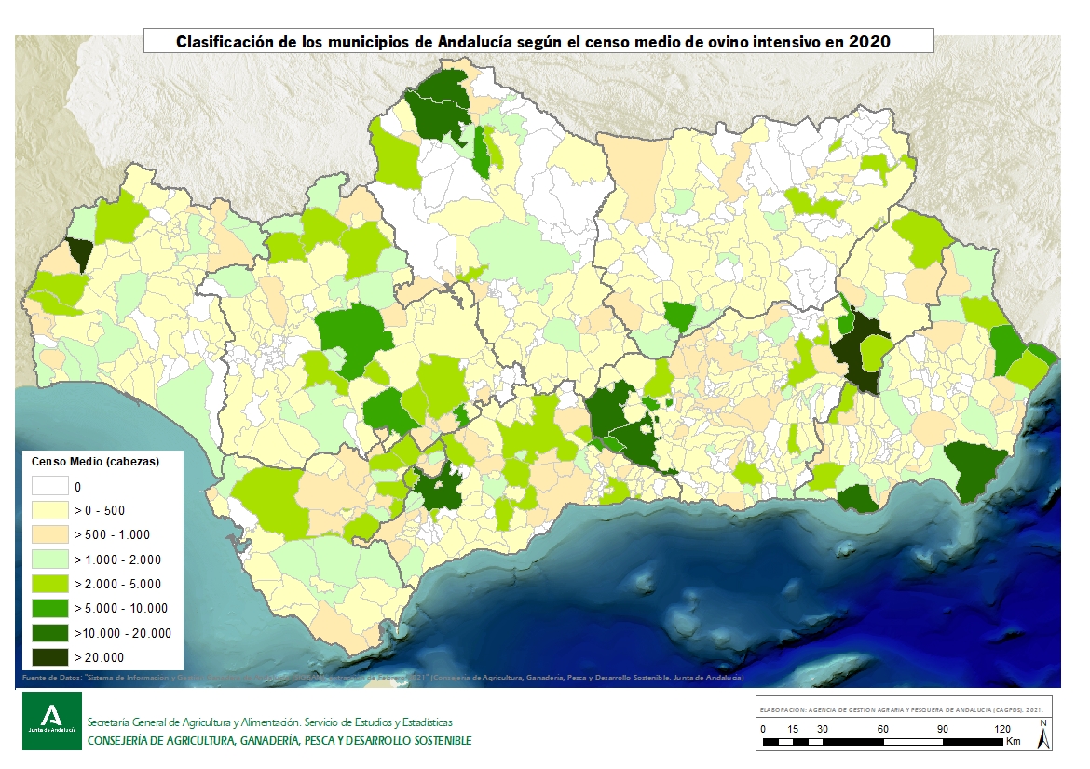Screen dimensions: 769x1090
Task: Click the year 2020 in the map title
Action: point(870,42)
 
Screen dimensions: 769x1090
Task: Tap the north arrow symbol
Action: point(1043,735)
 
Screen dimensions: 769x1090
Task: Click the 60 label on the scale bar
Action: point(882,728)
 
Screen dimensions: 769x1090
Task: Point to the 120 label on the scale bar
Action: point(1001,728)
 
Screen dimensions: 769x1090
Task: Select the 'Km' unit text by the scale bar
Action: point(1014,741)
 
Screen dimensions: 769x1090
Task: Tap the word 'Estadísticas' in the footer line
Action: point(424,722)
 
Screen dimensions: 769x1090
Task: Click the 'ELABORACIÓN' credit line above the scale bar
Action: point(902,708)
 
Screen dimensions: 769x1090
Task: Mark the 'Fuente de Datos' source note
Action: point(51,678)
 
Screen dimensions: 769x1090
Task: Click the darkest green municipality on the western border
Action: point(80,253)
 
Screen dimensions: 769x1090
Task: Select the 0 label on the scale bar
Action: point(763,728)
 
